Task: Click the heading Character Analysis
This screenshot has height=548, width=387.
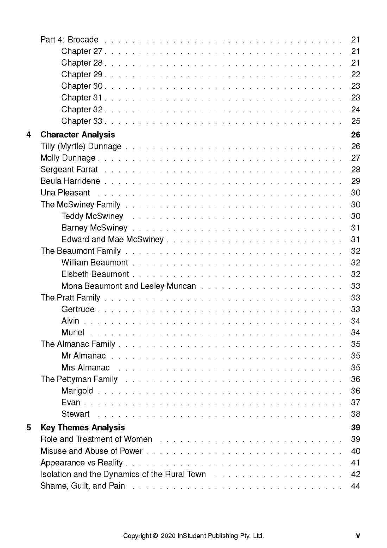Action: pyautogui.click(x=77, y=135)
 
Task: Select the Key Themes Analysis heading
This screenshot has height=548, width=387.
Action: pyautogui.click(x=82, y=428)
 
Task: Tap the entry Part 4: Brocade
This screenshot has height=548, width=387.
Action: pyautogui.click(x=69, y=40)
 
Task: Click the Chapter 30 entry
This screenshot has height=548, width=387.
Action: pyautogui.click(x=82, y=86)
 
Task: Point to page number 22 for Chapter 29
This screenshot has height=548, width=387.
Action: pyautogui.click(x=355, y=74)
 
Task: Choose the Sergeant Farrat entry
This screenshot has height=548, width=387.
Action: pyautogui.click(x=69, y=170)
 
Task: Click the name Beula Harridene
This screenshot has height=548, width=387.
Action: pyautogui.click(x=70, y=181)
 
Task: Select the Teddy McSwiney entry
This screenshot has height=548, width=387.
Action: pyautogui.click(x=92, y=216)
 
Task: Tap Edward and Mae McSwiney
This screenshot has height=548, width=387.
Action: pyautogui.click(x=112, y=240)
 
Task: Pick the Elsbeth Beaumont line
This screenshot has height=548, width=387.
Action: pyautogui.click(x=95, y=274)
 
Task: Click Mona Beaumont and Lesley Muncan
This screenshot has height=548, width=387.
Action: pyautogui.click(x=128, y=286)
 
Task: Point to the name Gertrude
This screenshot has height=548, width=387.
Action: pyautogui.click(x=78, y=309)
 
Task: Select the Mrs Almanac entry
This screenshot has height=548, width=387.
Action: pyautogui.click(x=85, y=368)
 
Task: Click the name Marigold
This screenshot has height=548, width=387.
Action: pyautogui.click(x=77, y=391)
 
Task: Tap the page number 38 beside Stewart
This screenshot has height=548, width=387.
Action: pyautogui.click(x=355, y=414)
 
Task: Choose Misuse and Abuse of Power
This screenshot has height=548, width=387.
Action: pyautogui.click(x=91, y=451)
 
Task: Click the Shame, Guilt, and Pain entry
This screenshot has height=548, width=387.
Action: pyautogui.click(x=83, y=486)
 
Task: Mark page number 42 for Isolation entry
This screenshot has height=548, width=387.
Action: pyautogui.click(x=355, y=475)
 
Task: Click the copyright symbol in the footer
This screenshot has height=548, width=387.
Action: pyautogui.click(x=155, y=536)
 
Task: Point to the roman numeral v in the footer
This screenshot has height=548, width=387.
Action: pyautogui.click(x=358, y=536)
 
